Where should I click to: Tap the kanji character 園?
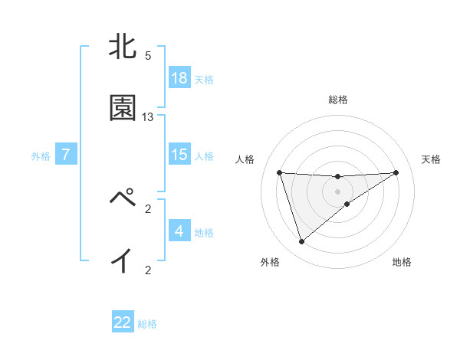123,109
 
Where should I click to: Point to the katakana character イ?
122,261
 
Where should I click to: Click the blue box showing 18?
179,78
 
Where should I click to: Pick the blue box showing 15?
179,155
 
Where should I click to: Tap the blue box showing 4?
179,231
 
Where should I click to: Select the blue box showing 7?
66,155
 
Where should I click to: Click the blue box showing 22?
123,322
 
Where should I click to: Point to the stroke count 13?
148,116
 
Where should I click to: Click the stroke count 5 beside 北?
148,56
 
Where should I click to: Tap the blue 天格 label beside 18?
204,79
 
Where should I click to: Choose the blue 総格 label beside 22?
147,323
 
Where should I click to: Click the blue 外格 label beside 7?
41,155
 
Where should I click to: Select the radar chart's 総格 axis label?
338,99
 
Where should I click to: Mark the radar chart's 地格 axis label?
402,262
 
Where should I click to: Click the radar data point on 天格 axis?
396,172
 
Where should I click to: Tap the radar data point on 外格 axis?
301,242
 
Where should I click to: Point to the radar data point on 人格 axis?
280,172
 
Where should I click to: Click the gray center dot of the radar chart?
338,191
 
